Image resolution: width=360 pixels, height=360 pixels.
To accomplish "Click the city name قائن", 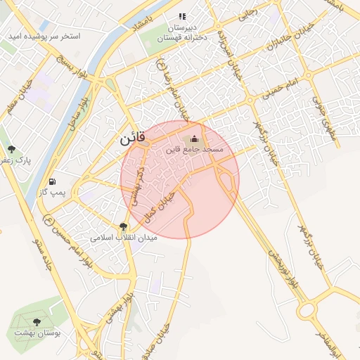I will (x=133, y=139).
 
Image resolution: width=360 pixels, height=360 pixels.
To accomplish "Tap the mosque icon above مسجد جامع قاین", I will (x=194, y=139).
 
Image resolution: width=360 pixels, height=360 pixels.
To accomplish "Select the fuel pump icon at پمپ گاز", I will (x=53, y=181).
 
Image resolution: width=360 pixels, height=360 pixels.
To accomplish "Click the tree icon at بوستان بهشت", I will (x=37, y=322).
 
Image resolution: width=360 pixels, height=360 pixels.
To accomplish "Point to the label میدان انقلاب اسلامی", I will (x=124, y=238).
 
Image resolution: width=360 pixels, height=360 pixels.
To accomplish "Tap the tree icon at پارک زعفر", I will (x=12, y=149).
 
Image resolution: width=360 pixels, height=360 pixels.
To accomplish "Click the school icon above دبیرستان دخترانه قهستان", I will (x=182, y=16).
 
